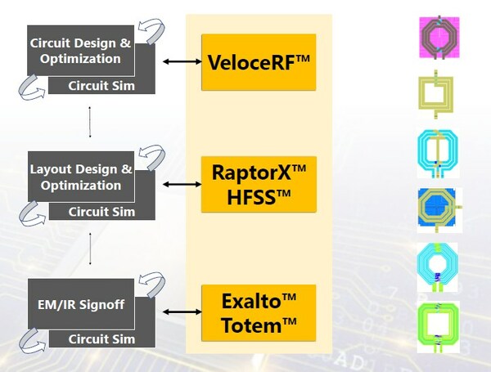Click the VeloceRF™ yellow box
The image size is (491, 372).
pos(259,62)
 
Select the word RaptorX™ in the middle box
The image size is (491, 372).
pos(259,173)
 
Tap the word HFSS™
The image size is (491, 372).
pos(259,197)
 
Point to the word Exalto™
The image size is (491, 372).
pos(259,300)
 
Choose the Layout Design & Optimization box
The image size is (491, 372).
pos(80,177)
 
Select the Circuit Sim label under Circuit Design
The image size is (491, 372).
pos(101,84)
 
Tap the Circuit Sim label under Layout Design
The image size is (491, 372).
pos(101,211)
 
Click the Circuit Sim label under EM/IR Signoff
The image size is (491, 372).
pos(101,338)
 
